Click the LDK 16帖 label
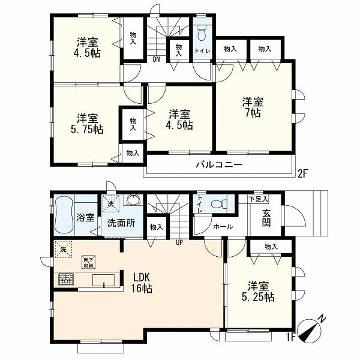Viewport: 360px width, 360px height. (142, 283)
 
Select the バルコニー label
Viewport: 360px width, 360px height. (219, 165)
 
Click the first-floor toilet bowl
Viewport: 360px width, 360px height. (218, 203)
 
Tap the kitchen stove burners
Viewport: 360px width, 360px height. (66, 280)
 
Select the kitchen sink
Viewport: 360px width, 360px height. (103, 280)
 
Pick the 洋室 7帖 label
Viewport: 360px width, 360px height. (253, 107)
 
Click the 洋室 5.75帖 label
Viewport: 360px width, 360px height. (87, 124)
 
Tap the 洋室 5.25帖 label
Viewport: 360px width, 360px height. (258, 292)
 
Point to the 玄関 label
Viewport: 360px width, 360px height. (266, 218)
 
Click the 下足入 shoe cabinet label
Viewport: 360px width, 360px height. (259, 199)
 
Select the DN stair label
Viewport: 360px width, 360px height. (157, 59)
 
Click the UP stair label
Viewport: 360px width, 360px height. (179, 242)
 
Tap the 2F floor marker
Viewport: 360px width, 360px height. (302, 173)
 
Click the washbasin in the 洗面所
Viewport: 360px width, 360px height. (133, 200)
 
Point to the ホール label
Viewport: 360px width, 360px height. (223, 227)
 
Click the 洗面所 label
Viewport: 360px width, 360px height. (121, 223)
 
